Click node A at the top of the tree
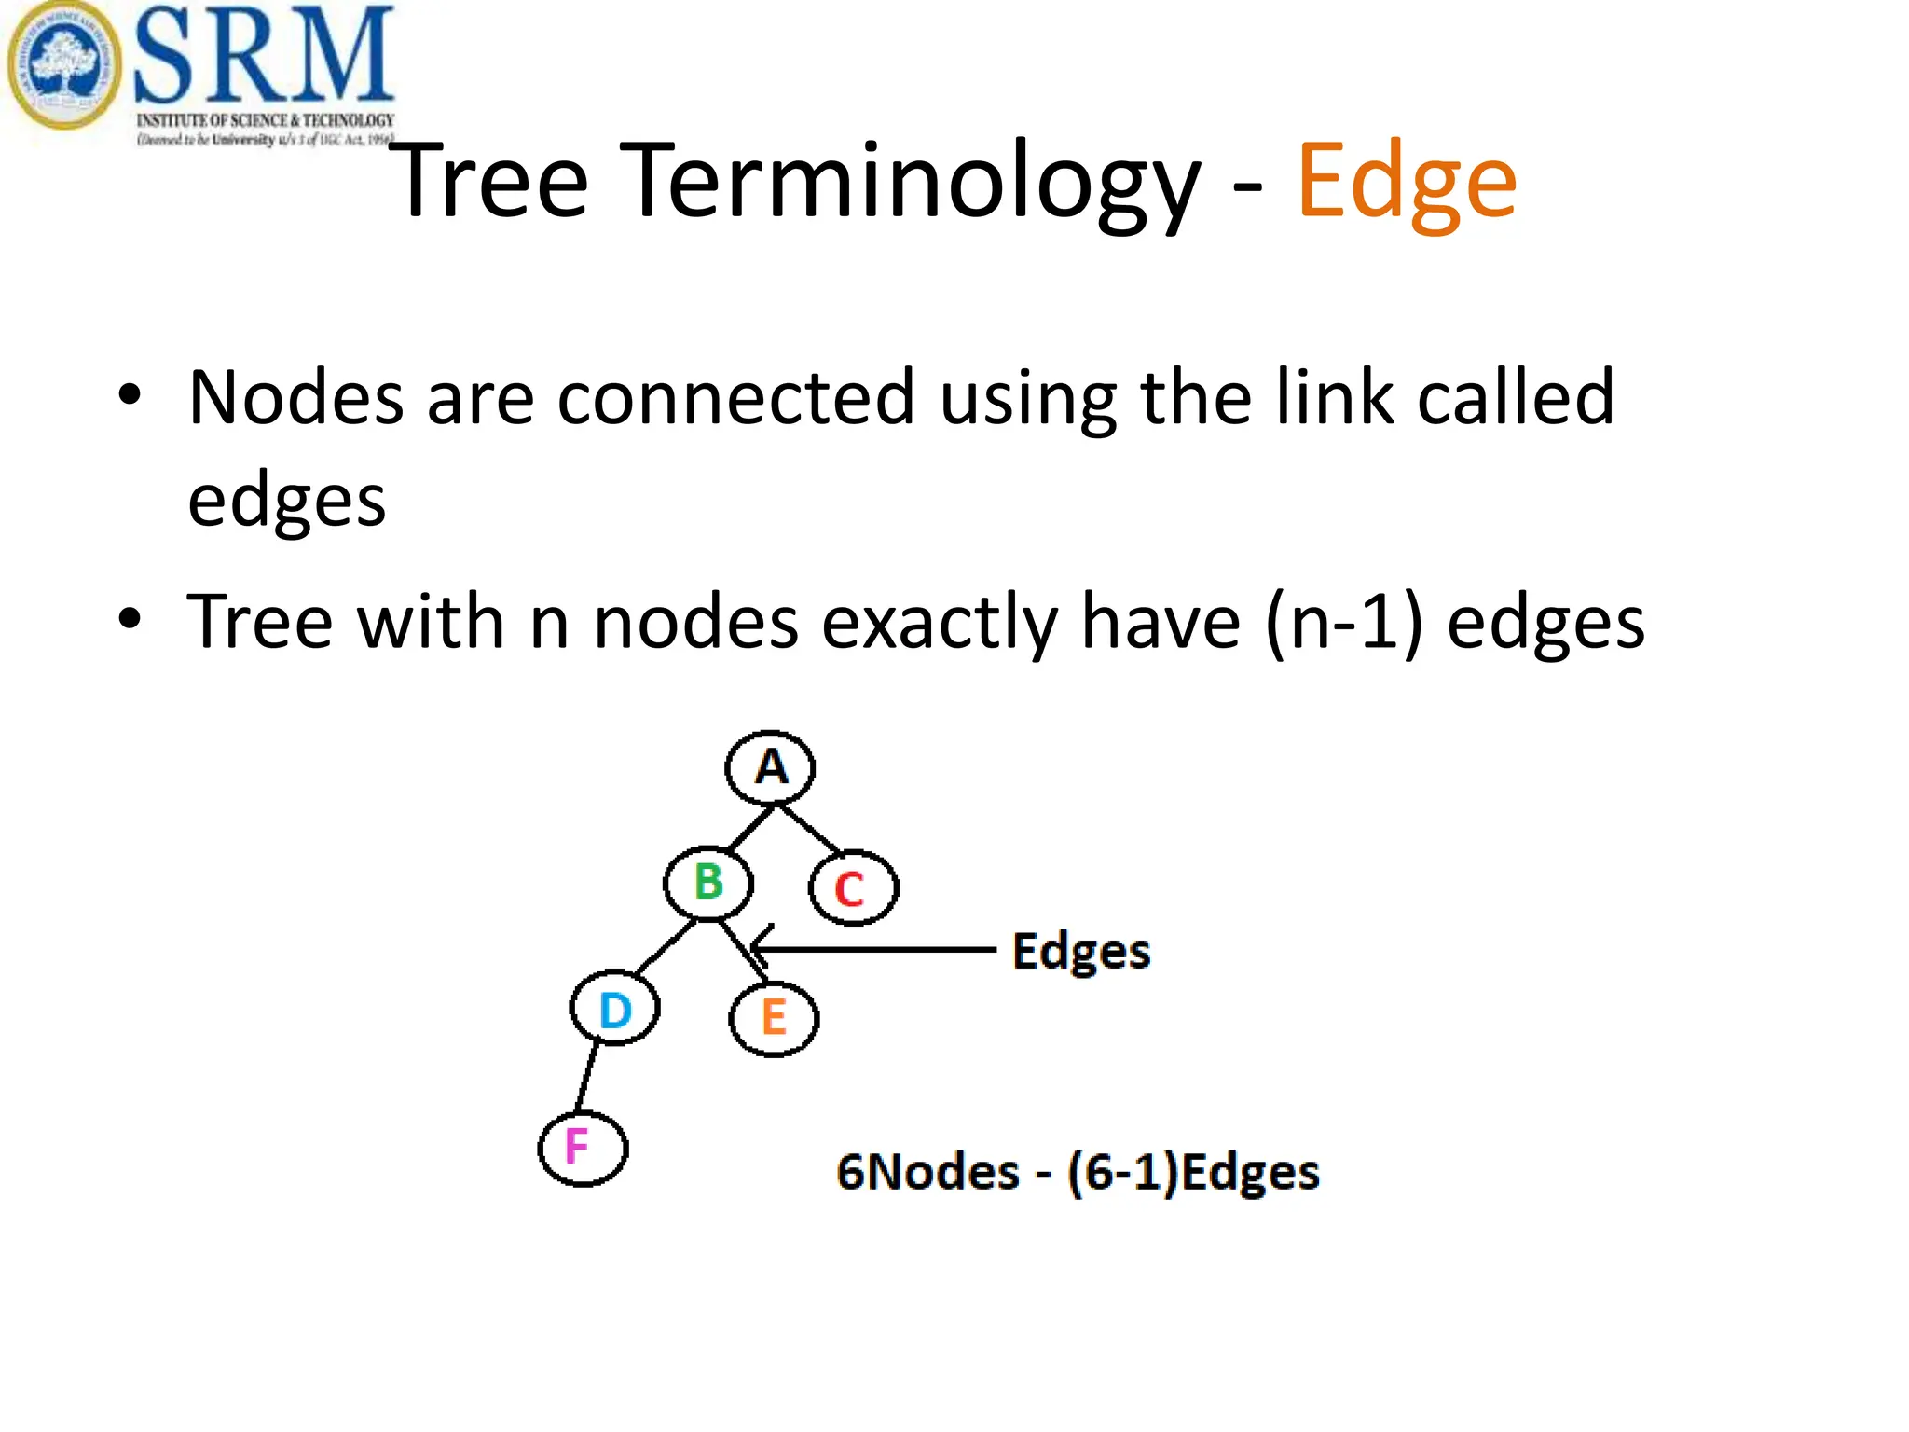coord(770,767)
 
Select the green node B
coord(708,882)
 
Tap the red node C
coord(853,888)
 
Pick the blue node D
coord(615,1008)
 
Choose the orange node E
coord(774,1018)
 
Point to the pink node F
coord(583,1148)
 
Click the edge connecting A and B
coord(750,827)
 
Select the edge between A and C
coord(810,828)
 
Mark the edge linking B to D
coord(666,948)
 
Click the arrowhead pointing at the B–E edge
coord(760,949)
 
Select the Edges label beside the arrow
coord(1081,952)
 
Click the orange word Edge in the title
coord(1407,182)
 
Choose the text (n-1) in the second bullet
coord(1343,623)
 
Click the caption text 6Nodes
coord(927,1172)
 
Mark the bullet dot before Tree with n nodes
coord(130,619)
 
